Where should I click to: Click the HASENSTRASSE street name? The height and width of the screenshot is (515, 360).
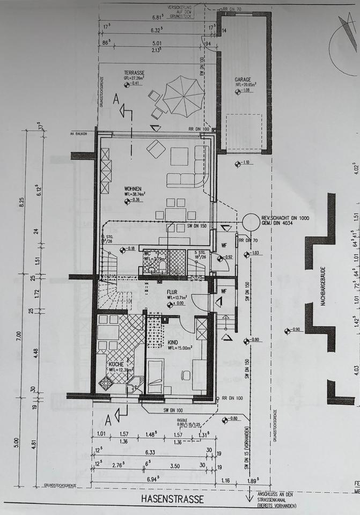tap(172, 499)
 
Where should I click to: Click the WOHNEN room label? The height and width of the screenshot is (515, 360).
tap(133, 189)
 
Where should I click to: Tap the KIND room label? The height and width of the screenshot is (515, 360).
tap(173, 342)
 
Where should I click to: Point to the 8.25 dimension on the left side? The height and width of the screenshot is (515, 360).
tap(23, 202)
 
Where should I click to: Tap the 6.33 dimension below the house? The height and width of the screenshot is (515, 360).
tap(150, 452)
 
